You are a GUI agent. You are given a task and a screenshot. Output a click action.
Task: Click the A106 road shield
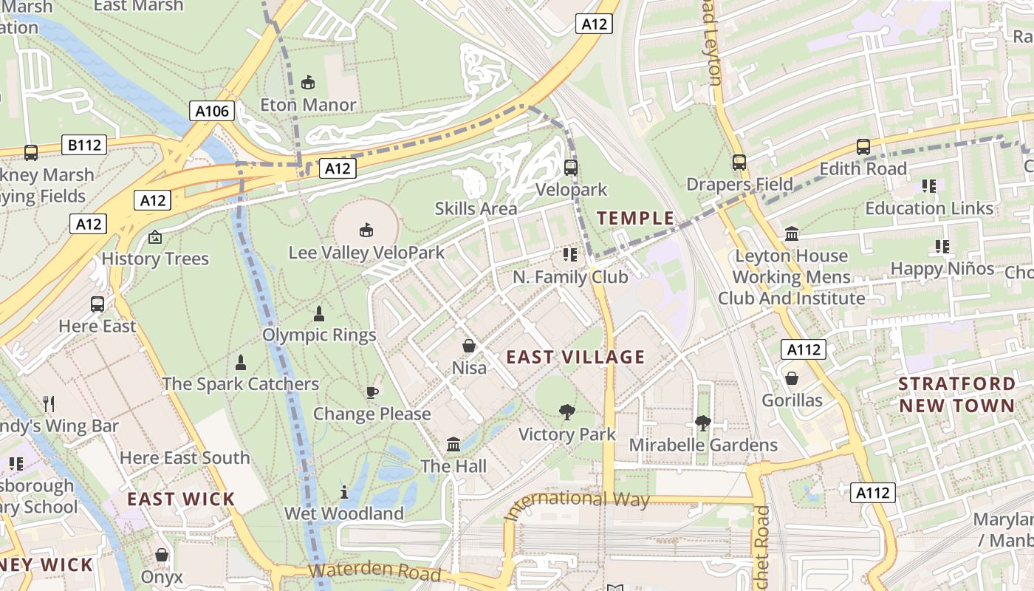click(212, 111)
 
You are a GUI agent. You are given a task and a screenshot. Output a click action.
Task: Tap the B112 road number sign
click(84, 145)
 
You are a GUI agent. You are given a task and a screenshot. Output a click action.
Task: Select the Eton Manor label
click(308, 105)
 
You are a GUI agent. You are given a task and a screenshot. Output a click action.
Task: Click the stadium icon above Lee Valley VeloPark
click(366, 230)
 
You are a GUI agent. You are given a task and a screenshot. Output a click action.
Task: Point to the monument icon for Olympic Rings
click(319, 314)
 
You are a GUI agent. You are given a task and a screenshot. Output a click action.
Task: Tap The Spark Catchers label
click(240, 384)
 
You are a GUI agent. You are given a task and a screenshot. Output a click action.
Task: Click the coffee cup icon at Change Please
click(372, 392)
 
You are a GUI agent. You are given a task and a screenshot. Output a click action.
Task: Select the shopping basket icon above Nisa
click(468, 346)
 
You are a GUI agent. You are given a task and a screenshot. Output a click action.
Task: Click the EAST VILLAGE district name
click(575, 358)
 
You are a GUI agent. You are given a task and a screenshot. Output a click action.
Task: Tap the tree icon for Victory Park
click(566, 411)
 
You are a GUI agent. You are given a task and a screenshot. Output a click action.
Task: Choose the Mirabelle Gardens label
click(702, 445)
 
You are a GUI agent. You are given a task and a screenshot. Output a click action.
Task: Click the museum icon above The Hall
click(453, 445)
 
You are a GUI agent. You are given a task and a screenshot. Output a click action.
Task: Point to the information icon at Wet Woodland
click(343, 492)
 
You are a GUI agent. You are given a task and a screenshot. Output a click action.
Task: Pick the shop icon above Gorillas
click(792, 378)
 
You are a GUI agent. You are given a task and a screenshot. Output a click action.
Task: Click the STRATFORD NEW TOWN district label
click(956, 394)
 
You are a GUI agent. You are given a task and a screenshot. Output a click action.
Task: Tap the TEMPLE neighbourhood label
click(635, 218)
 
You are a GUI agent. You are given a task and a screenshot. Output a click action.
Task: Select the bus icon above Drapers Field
click(739, 163)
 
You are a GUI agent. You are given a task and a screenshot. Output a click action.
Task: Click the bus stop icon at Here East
click(97, 304)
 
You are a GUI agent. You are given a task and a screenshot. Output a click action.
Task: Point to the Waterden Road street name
click(374, 571)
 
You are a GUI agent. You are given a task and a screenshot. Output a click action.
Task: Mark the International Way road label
click(577, 503)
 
